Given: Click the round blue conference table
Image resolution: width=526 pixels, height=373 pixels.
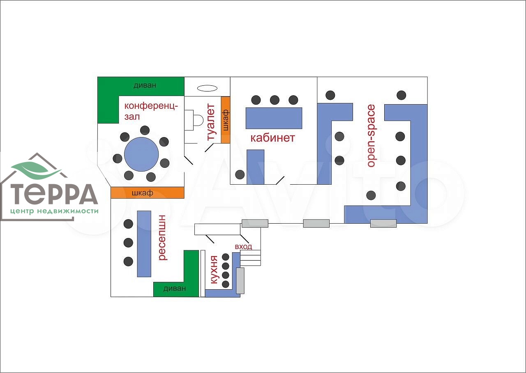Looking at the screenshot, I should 141,154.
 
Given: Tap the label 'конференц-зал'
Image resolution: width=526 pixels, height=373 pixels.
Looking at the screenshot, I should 151,111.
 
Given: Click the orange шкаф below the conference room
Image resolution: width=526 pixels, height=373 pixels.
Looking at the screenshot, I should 147,192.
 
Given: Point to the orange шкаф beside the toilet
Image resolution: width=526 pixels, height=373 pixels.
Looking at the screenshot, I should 226,120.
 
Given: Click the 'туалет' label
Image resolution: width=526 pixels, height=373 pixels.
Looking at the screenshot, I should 210,122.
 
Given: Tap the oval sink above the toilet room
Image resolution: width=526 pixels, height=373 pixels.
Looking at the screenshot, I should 207,88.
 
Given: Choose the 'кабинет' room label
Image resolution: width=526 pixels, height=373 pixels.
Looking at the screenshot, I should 273,137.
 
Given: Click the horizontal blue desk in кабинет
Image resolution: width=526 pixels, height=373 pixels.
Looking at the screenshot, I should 274,118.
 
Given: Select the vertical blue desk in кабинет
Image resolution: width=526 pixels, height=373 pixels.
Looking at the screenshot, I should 255,167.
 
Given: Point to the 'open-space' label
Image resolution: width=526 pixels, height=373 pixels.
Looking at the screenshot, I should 371,136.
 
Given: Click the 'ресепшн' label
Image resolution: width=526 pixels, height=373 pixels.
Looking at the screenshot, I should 162,237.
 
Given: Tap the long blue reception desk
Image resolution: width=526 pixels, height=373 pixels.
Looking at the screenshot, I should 144,243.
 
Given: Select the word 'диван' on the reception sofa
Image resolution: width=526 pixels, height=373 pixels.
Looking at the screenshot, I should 175,288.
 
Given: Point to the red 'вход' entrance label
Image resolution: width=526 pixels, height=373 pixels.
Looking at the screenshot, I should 243,247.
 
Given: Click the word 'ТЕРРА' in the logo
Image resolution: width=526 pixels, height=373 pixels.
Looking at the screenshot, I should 54,195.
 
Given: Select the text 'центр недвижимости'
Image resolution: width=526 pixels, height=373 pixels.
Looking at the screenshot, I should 55,211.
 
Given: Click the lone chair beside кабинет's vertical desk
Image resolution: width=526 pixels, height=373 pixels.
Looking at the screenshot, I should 240,174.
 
